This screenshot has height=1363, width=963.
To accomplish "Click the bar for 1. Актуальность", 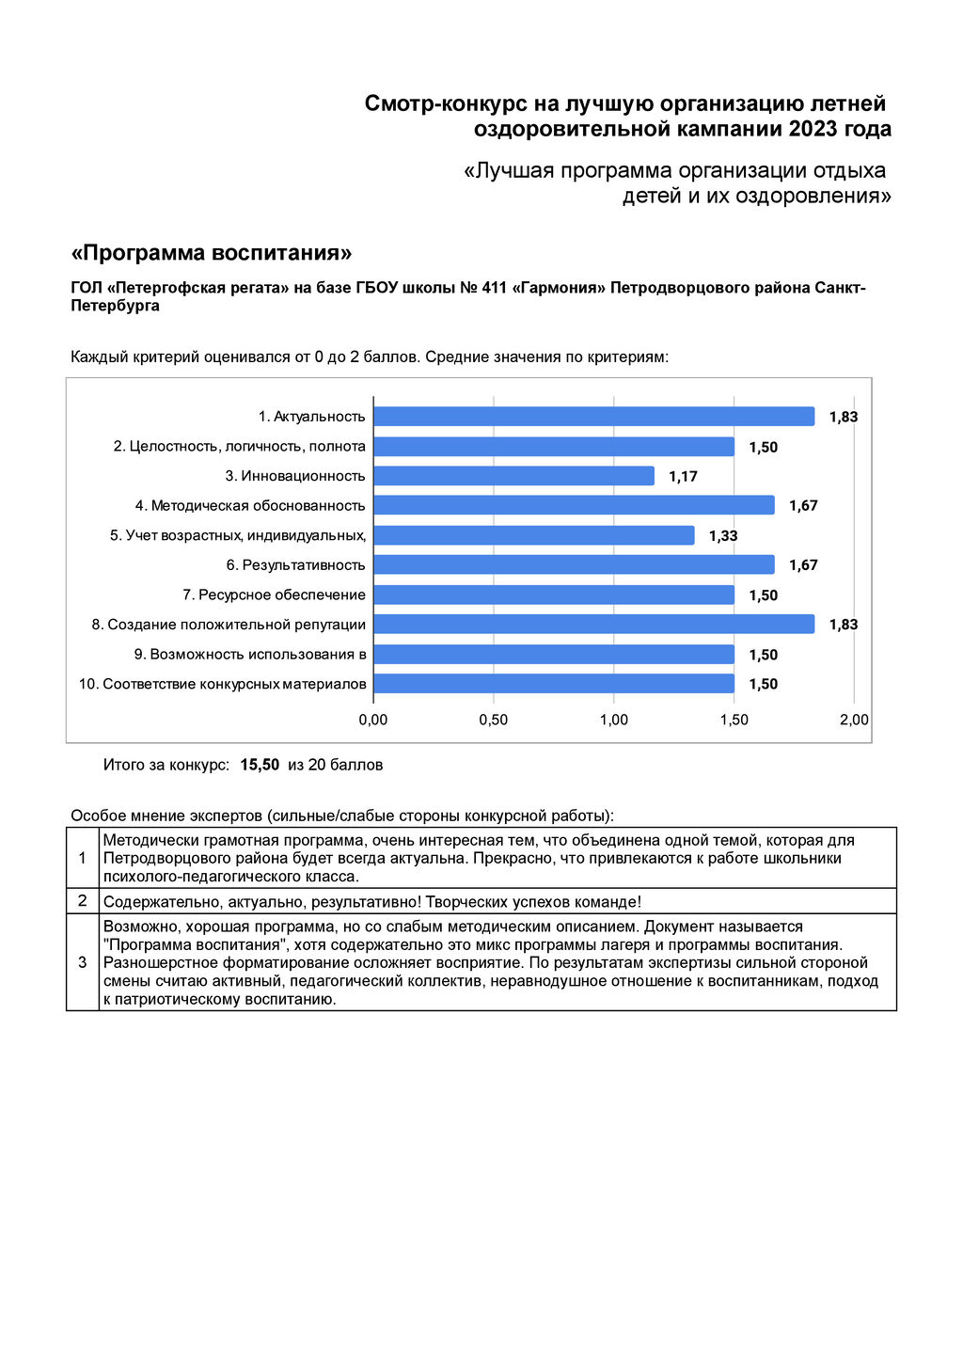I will (x=593, y=417).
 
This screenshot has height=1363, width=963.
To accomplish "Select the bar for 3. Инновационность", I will (x=513, y=476).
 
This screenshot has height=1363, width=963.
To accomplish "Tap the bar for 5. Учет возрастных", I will (x=533, y=535).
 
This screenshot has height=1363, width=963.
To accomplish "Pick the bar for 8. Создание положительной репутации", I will (x=593, y=625).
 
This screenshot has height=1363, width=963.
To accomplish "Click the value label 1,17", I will (x=683, y=477).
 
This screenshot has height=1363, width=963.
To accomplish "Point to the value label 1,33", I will (x=723, y=536).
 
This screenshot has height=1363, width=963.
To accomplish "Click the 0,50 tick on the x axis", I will (x=493, y=720).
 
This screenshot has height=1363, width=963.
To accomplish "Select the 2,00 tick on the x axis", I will (x=854, y=720).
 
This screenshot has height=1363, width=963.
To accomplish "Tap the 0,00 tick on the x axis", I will (x=373, y=720).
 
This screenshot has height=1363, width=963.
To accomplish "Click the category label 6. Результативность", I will (x=295, y=565).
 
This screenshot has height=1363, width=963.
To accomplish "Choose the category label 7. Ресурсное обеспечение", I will (x=274, y=595).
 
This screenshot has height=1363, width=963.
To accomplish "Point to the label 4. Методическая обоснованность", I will (x=250, y=506).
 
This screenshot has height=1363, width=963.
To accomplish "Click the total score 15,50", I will (x=260, y=765).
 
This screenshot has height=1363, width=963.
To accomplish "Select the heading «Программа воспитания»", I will (x=212, y=253).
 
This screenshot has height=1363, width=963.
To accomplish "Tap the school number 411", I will (x=494, y=288).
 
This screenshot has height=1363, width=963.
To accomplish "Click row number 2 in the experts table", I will (x=83, y=901).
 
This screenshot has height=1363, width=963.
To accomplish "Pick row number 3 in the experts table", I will (x=83, y=962).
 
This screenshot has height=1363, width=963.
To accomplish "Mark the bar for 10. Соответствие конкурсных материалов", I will (x=554, y=684).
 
